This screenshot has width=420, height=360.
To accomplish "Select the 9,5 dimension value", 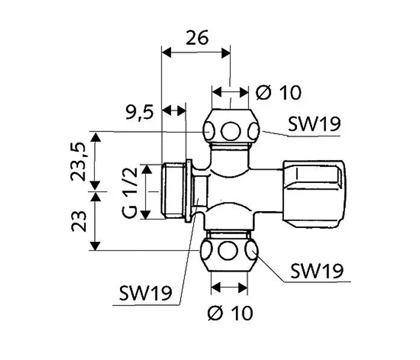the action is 140,112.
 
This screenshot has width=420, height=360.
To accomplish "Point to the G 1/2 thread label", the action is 130,193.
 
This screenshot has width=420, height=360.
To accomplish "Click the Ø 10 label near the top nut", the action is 278,92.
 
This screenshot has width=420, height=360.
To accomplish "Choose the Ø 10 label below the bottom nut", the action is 230,313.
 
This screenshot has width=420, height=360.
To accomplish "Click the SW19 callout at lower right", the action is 317,271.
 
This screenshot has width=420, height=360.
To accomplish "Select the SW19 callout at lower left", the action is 145,293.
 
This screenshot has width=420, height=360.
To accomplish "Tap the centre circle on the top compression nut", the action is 230,131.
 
